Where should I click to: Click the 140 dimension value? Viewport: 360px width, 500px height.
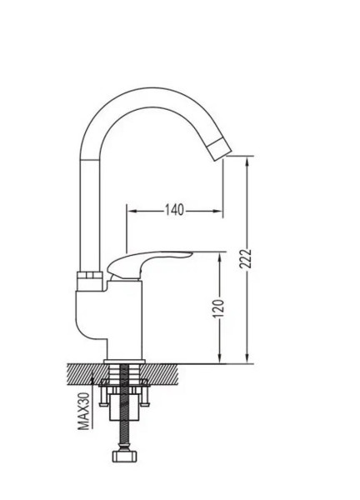pyautogui.click(x=174, y=210)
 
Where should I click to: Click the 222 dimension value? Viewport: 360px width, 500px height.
pyautogui.click(x=246, y=259)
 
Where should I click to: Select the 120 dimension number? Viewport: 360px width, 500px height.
pyautogui.click(x=218, y=308)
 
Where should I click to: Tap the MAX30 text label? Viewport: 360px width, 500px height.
pyautogui.click(x=84, y=411)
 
